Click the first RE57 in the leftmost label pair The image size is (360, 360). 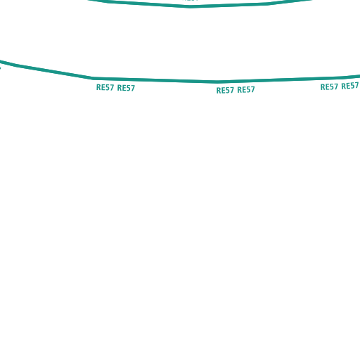pyautogui.click(x=105, y=87)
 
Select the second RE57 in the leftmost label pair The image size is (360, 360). pyautogui.click(x=126, y=88)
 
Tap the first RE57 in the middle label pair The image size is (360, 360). pyautogui.click(x=225, y=90)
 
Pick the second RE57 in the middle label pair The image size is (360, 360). pyautogui.click(x=246, y=90)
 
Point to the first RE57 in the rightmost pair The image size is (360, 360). pyautogui.click(x=329, y=87)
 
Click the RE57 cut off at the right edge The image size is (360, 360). pyautogui.click(x=350, y=86)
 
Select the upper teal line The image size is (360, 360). pyautogui.click(x=191, y=6)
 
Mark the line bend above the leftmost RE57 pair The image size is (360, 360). pyautogui.click(x=92, y=78)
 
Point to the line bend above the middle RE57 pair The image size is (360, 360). pyautogui.click(x=217, y=82)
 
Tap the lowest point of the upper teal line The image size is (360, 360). pyautogui.click(x=191, y=6)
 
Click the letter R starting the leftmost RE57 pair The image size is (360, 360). pyautogui.click(x=98, y=87)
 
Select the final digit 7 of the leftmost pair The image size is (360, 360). pyautogui.click(x=133, y=88)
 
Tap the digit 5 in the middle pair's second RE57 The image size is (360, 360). pyautogui.click(x=248, y=90)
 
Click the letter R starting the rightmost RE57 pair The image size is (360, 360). pyautogui.click(x=323, y=87)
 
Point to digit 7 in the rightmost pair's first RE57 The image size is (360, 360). pyautogui.click(x=336, y=86)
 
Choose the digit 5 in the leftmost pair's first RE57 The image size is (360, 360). pyautogui.click(x=108, y=87)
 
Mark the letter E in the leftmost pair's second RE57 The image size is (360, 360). pyautogui.click(x=124, y=88)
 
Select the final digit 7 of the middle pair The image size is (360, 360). pyautogui.click(x=252, y=89)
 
